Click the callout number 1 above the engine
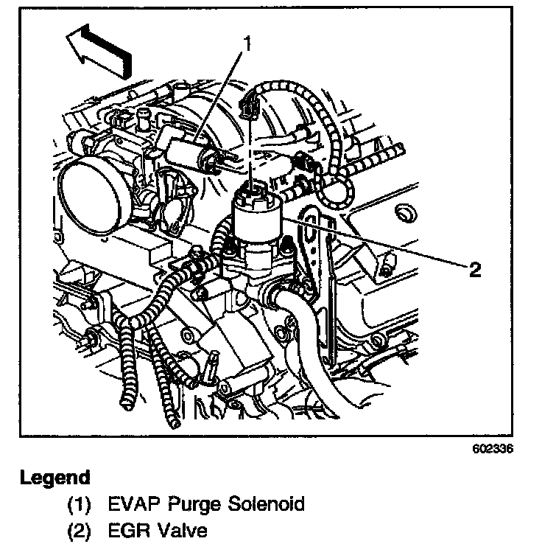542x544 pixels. [x=248, y=45]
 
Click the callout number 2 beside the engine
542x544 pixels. [x=475, y=270]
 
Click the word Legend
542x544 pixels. [x=55, y=478]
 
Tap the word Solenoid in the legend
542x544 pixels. [x=265, y=505]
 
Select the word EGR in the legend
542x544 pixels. [x=129, y=531]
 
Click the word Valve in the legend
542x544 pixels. [x=183, y=531]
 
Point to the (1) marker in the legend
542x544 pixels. [x=80, y=506]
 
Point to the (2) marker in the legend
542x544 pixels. [x=80, y=531]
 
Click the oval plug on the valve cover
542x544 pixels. [x=404, y=214]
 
